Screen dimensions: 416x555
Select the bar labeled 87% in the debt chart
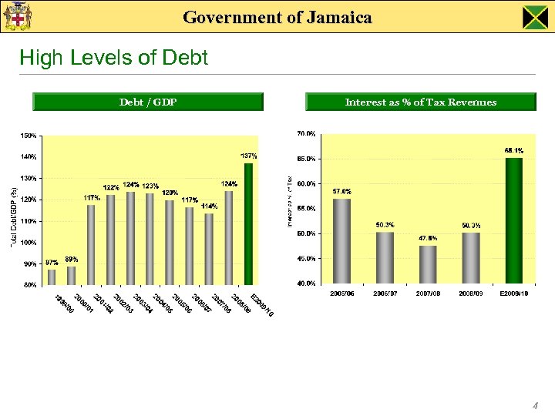(52, 277)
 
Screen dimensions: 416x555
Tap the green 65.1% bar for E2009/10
(513, 220)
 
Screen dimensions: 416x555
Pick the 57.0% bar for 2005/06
(341, 240)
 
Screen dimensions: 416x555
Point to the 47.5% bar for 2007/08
(428, 264)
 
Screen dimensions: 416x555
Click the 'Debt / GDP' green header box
(148, 102)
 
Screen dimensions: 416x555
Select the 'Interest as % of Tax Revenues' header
(420, 102)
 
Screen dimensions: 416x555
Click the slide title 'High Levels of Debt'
(113, 58)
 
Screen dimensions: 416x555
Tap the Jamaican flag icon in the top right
(534, 17)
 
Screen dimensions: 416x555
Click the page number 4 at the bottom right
(534, 405)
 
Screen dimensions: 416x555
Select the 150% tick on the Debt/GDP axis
(28, 136)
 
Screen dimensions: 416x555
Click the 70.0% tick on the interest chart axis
(305, 133)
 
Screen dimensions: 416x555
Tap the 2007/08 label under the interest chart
(428, 294)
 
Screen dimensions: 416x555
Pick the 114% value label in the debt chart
(209, 206)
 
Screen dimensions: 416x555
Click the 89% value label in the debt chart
(71, 259)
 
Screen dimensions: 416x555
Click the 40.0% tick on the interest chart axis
(305, 283)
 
